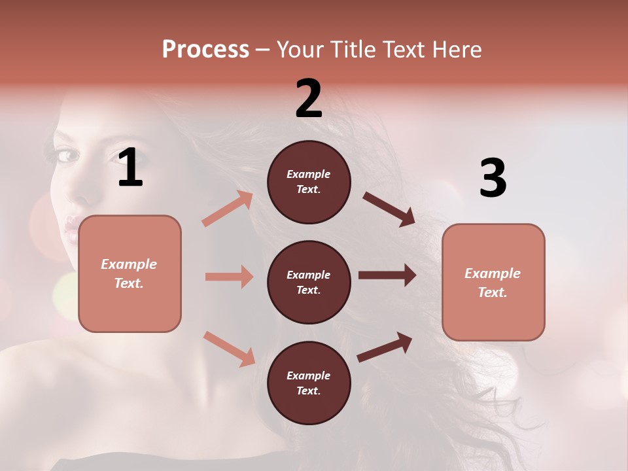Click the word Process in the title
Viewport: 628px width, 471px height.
(x=205, y=49)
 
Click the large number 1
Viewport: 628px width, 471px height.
(x=130, y=168)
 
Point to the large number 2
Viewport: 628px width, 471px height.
(x=309, y=99)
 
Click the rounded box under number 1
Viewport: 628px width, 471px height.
(x=130, y=273)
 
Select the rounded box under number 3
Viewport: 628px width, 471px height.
(x=493, y=282)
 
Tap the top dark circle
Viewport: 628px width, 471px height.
(x=309, y=182)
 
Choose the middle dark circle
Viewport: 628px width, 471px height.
(x=309, y=282)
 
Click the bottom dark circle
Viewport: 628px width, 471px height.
(x=309, y=383)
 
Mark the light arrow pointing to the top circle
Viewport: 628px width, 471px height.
(x=228, y=209)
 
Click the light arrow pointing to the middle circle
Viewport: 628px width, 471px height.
(x=229, y=277)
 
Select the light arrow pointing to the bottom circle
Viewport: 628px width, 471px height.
(x=229, y=349)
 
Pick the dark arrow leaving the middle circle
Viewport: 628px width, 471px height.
(x=387, y=275)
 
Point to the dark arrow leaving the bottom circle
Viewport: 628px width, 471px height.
(x=385, y=347)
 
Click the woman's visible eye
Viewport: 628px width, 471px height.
(x=67, y=155)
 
